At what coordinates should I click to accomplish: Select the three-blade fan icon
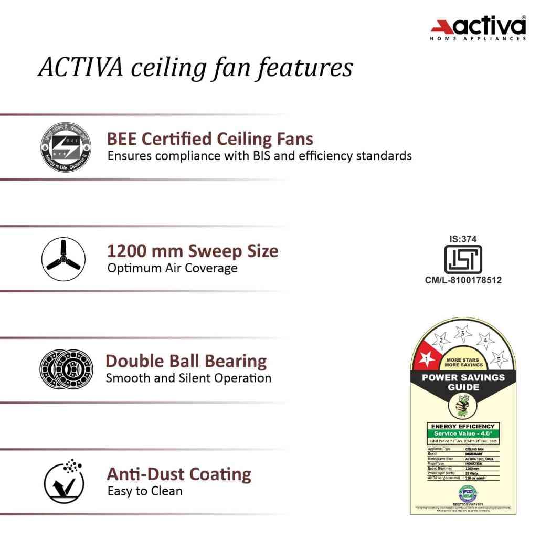click(x=63, y=259)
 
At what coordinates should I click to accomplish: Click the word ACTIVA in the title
click(x=81, y=68)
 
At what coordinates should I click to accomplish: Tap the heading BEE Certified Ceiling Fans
click(x=210, y=139)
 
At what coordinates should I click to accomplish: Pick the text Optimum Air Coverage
click(x=172, y=268)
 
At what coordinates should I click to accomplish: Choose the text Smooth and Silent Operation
click(x=188, y=378)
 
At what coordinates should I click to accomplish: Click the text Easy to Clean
click(x=145, y=491)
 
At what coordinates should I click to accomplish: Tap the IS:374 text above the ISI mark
click(x=462, y=239)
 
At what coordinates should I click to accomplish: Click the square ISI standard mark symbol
click(x=462, y=259)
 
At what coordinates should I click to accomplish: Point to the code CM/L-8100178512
click(x=463, y=280)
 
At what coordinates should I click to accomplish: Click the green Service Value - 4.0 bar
click(x=462, y=433)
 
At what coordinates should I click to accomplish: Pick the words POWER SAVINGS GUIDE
click(x=463, y=382)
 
